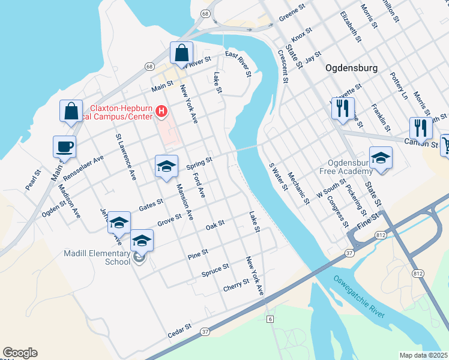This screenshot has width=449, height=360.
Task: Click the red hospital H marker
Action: pos(161,110)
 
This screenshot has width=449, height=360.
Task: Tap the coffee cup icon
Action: pos(65,146)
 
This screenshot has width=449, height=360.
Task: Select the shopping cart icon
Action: pos(446,145)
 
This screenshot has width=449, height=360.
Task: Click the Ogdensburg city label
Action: pos(351,68)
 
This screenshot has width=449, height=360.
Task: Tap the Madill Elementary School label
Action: pos(97,257)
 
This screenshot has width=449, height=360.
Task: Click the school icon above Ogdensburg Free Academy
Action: pos(381,158)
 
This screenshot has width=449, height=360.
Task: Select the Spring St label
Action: pos(199,163)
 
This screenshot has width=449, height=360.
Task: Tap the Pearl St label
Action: pos(34,181)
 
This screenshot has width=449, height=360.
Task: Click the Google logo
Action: pos(20,353)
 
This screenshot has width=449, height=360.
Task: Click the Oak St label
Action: pos(215,224)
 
